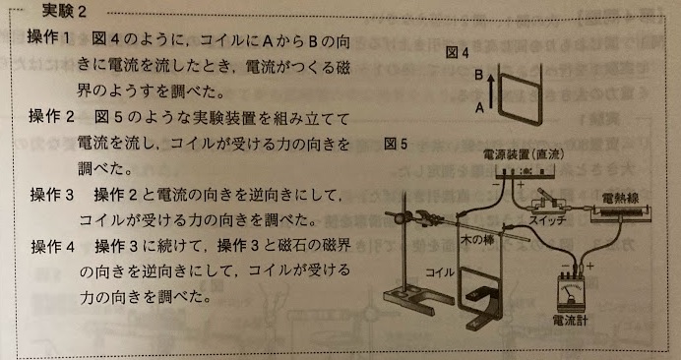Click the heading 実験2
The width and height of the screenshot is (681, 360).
pyautogui.click(x=64, y=11)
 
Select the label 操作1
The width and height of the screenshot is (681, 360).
pyautogui.click(x=48, y=37)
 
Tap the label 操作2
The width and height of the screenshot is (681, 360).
pyautogui.click(x=52, y=116)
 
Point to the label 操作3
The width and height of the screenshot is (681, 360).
pyautogui.click(x=52, y=195)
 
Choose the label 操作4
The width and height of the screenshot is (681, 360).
pyautogui.click(x=53, y=246)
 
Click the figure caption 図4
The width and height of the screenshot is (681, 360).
pyautogui.click(x=458, y=53)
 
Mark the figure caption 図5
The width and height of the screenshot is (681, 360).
pyautogui.click(x=396, y=144)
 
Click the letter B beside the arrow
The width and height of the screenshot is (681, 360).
pyautogui.click(x=479, y=75)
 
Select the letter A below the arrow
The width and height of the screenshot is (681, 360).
pyautogui.click(x=479, y=108)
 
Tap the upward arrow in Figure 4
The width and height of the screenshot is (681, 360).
pyautogui.click(x=490, y=90)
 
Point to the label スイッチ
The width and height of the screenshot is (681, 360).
pyautogui.click(x=548, y=219)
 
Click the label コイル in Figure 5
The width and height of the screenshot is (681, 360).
pyautogui.click(x=440, y=272)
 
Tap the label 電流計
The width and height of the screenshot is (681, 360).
pyautogui.click(x=570, y=322)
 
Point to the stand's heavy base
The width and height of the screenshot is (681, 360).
pyautogui.click(x=409, y=300)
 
